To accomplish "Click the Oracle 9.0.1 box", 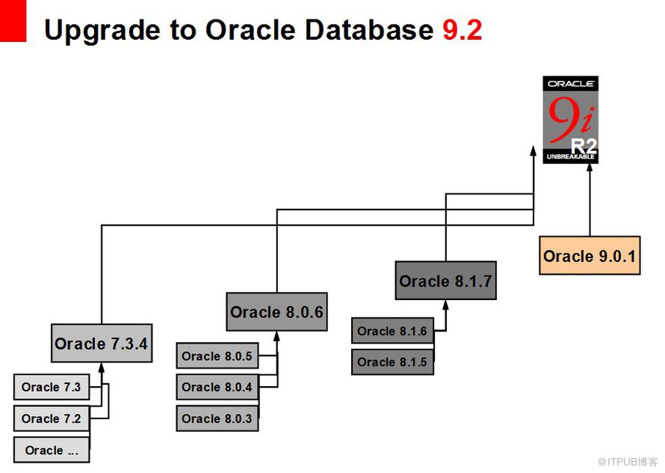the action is pyautogui.click(x=590, y=255).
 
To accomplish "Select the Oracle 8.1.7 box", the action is pyautogui.click(x=446, y=281).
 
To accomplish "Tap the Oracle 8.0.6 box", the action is pyautogui.click(x=277, y=311).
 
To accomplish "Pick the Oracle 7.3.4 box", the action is pyautogui.click(x=102, y=343).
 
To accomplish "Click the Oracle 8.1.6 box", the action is pyautogui.click(x=393, y=331).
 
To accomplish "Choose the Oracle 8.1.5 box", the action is pyautogui.click(x=393, y=361).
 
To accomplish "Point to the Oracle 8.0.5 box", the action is pyautogui.click(x=217, y=355).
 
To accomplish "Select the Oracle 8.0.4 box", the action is pyautogui.click(x=217, y=387).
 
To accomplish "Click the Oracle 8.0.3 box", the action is pyautogui.click(x=217, y=418).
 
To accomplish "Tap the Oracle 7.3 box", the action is pyautogui.click(x=52, y=387).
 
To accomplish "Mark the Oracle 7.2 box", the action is pyautogui.click(x=52, y=418).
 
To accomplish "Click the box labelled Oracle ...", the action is pyautogui.click(x=52, y=450).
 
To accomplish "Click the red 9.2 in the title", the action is pyautogui.click(x=463, y=30).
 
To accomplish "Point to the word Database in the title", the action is pyautogui.click(x=369, y=30).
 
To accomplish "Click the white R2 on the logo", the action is pyautogui.click(x=584, y=147).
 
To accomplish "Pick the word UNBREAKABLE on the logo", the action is pyautogui.click(x=570, y=156).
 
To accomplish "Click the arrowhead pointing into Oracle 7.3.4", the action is pyautogui.click(x=102, y=367).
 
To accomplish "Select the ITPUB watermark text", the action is pyautogui.click(x=628, y=462).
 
